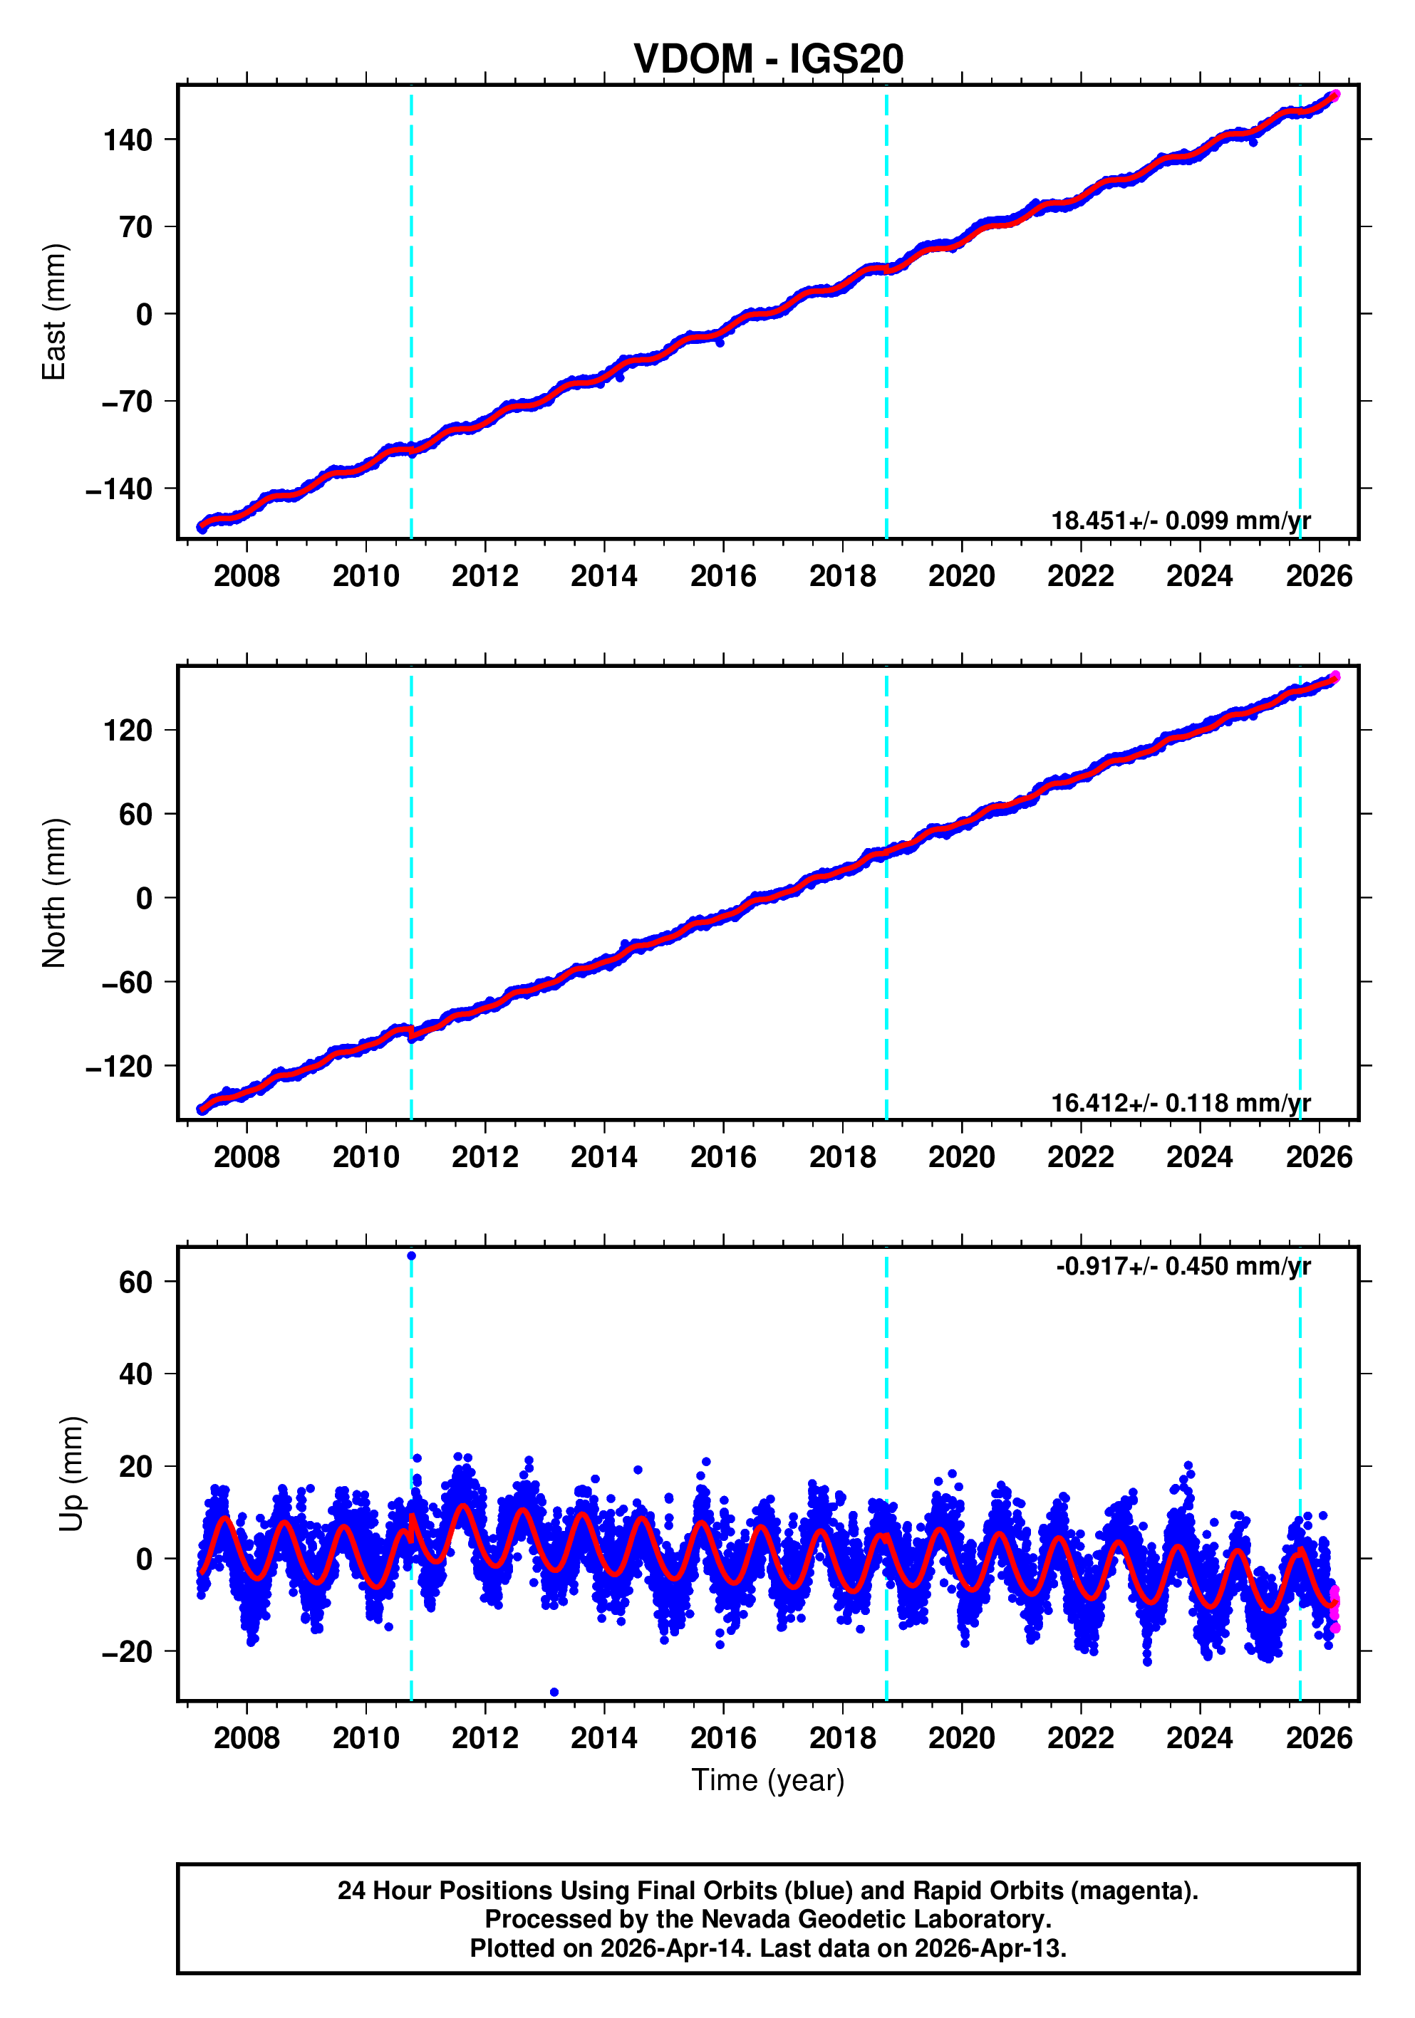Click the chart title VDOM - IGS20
pyautogui.click(x=768, y=60)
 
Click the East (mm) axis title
pyautogui.click(x=55, y=312)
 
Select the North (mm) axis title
pyautogui.click(x=55, y=893)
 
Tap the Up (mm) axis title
pyautogui.click(x=72, y=1474)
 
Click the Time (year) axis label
pyautogui.click(x=768, y=1779)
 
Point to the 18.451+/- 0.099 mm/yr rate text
pyautogui.click(x=1180, y=521)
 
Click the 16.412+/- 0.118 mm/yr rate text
pyautogui.click(x=1180, y=1103)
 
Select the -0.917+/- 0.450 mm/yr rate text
pyautogui.click(x=1183, y=1267)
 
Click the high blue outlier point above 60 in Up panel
pyautogui.click(x=412, y=1256)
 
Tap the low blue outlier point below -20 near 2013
pyautogui.click(x=553, y=1692)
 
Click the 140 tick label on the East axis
pyautogui.click(x=128, y=140)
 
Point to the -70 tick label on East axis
pyautogui.click(x=128, y=402)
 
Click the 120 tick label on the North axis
pyautogui.click(x=128, y=731)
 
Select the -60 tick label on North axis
pyautogui.click(x=128, y=983)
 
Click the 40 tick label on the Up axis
pyautogui.click(x=136, y=1374)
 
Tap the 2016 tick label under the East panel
pyautogui.click(x=723, y=577)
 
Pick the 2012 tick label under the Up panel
pyautogui.click(x=484, y=1738)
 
